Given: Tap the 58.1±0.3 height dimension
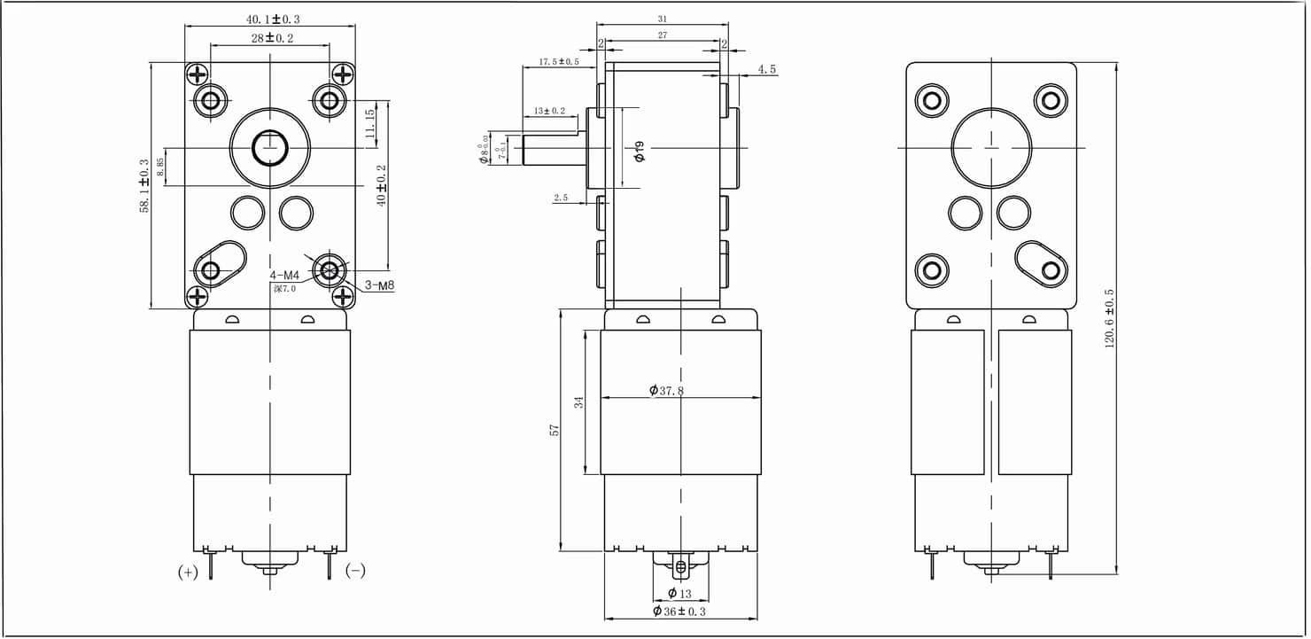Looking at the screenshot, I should click(x=144, y=186).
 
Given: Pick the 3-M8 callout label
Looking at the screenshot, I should click(x=380, y=285).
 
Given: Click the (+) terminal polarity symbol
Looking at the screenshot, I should click(x=188, y=573).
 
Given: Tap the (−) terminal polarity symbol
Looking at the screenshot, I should click(x=355, y=572).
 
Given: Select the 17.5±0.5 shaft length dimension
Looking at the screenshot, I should click(x=558, y=62).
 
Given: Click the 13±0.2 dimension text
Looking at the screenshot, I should click(x=549, y=111).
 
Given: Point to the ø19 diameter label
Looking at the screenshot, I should click(x=640, y=151).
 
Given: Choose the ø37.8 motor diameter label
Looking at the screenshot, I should click(x=666, y=391).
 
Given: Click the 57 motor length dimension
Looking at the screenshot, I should click(x=555, y=430).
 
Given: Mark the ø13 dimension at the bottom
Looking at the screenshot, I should click(x=679, y=593).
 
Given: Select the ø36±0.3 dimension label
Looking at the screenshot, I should click(x=679, y=612).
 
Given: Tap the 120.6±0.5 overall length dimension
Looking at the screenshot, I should click(x=1108, y=318).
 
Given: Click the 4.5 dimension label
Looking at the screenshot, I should click(x=767, y=69).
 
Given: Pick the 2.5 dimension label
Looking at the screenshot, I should click(x=561, y=198).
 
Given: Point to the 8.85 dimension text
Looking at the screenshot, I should click(x=160, y=167).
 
